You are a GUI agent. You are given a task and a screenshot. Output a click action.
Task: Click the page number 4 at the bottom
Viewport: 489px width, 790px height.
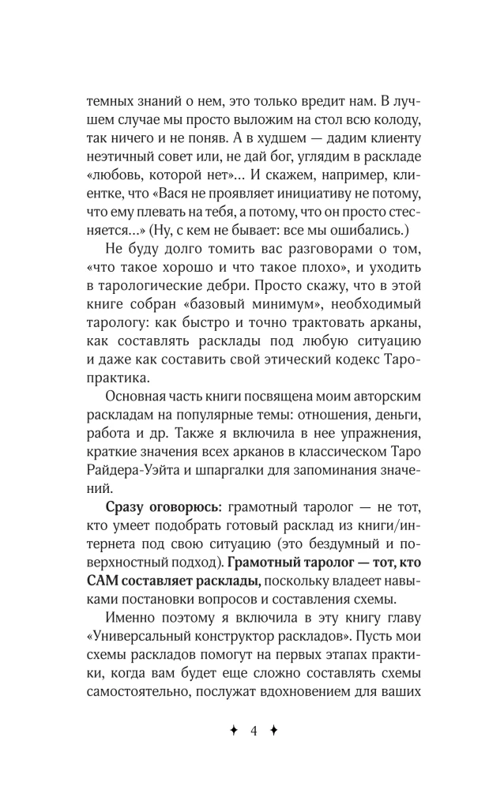[x=254, y=731]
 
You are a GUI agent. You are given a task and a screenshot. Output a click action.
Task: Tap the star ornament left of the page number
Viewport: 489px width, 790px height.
[x=233, y=731]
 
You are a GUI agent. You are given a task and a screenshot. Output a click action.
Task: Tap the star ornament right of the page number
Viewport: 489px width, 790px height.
[x=274, y=731]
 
